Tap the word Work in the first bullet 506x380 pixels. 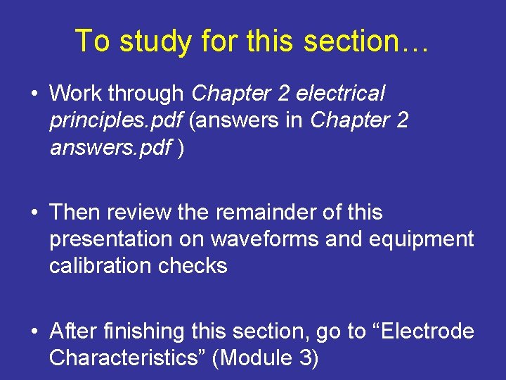tap(76, 93)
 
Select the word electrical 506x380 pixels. tap(341, 93)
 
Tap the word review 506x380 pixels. tap(137, 212)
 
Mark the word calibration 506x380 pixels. tap(100, 266)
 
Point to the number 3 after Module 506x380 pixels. tap(306, 358)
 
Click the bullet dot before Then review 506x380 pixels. tap(34, 213)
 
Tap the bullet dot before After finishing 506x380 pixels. tap(34, 331)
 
